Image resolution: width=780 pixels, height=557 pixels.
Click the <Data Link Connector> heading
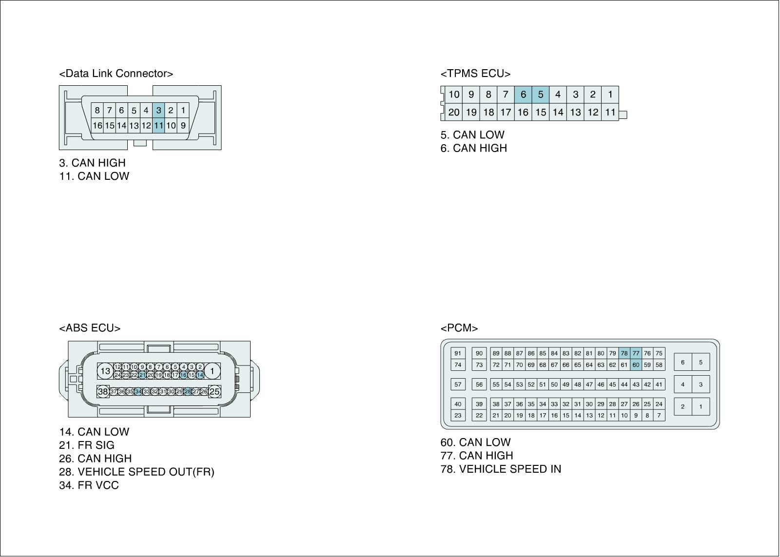click(116, 74)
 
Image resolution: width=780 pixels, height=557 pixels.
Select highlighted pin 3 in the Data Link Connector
click(158, 110)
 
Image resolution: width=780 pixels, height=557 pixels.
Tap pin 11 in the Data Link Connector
click(158, 125)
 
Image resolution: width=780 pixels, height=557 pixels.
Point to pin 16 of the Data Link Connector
click(97, 125)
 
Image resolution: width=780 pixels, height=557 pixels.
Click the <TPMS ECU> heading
click(475, 74)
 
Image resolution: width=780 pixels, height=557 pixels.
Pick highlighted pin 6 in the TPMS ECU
click(523, 95)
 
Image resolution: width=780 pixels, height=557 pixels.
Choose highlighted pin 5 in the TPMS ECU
click(540, 95)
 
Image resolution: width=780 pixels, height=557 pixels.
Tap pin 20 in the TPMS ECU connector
click(454, 112)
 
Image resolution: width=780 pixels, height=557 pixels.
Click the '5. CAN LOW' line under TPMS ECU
click(472, 135)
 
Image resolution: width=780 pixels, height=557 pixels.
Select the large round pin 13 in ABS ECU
click(105, 371)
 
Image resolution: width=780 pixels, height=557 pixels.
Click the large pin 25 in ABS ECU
click(214, 391)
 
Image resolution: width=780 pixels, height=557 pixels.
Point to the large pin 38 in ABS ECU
click(103, 391)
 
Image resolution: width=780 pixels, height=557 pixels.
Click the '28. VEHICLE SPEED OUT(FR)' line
click(136, 472)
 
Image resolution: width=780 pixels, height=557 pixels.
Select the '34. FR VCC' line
click(89, 485)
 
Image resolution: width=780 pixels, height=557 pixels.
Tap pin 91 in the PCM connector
click(458, 353)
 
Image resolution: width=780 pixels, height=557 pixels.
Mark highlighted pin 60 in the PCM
click(636, 365)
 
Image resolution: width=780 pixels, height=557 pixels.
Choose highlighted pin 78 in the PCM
click(624, 353)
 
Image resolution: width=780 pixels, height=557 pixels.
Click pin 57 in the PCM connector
click(458, 384)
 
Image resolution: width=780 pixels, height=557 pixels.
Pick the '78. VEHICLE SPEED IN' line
click(501, 469)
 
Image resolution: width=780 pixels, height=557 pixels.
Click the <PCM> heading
click(459, 328)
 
